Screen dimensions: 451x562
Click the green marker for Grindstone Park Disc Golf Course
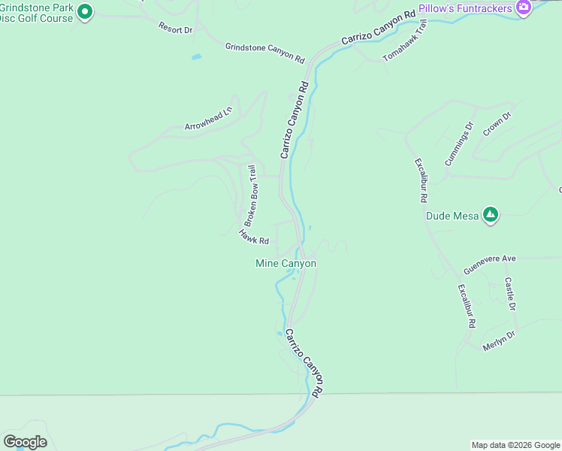coord(85,11)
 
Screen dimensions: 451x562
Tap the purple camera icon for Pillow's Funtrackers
coord(524,8)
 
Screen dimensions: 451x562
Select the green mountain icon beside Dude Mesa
coord(491,215)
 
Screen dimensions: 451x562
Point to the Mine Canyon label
coord(286,263)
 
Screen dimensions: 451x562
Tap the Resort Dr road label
coord(175,29)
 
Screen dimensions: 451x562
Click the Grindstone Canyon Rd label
coord(264,52)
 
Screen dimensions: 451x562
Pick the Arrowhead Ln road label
coord(210,120)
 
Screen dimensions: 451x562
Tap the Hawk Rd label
coord(254,238)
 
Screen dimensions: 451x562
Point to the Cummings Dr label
coord(460,144)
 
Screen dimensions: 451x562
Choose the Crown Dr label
coord(497,124)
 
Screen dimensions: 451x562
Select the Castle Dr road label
coord(510,294)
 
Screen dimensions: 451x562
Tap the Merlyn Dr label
coord(498,340)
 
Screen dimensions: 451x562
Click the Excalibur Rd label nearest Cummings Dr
coord(421,180)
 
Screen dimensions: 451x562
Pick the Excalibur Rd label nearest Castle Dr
coord(467,306)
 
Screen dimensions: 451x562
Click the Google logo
coord(25,442)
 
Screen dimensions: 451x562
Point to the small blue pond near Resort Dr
coord(196,56)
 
